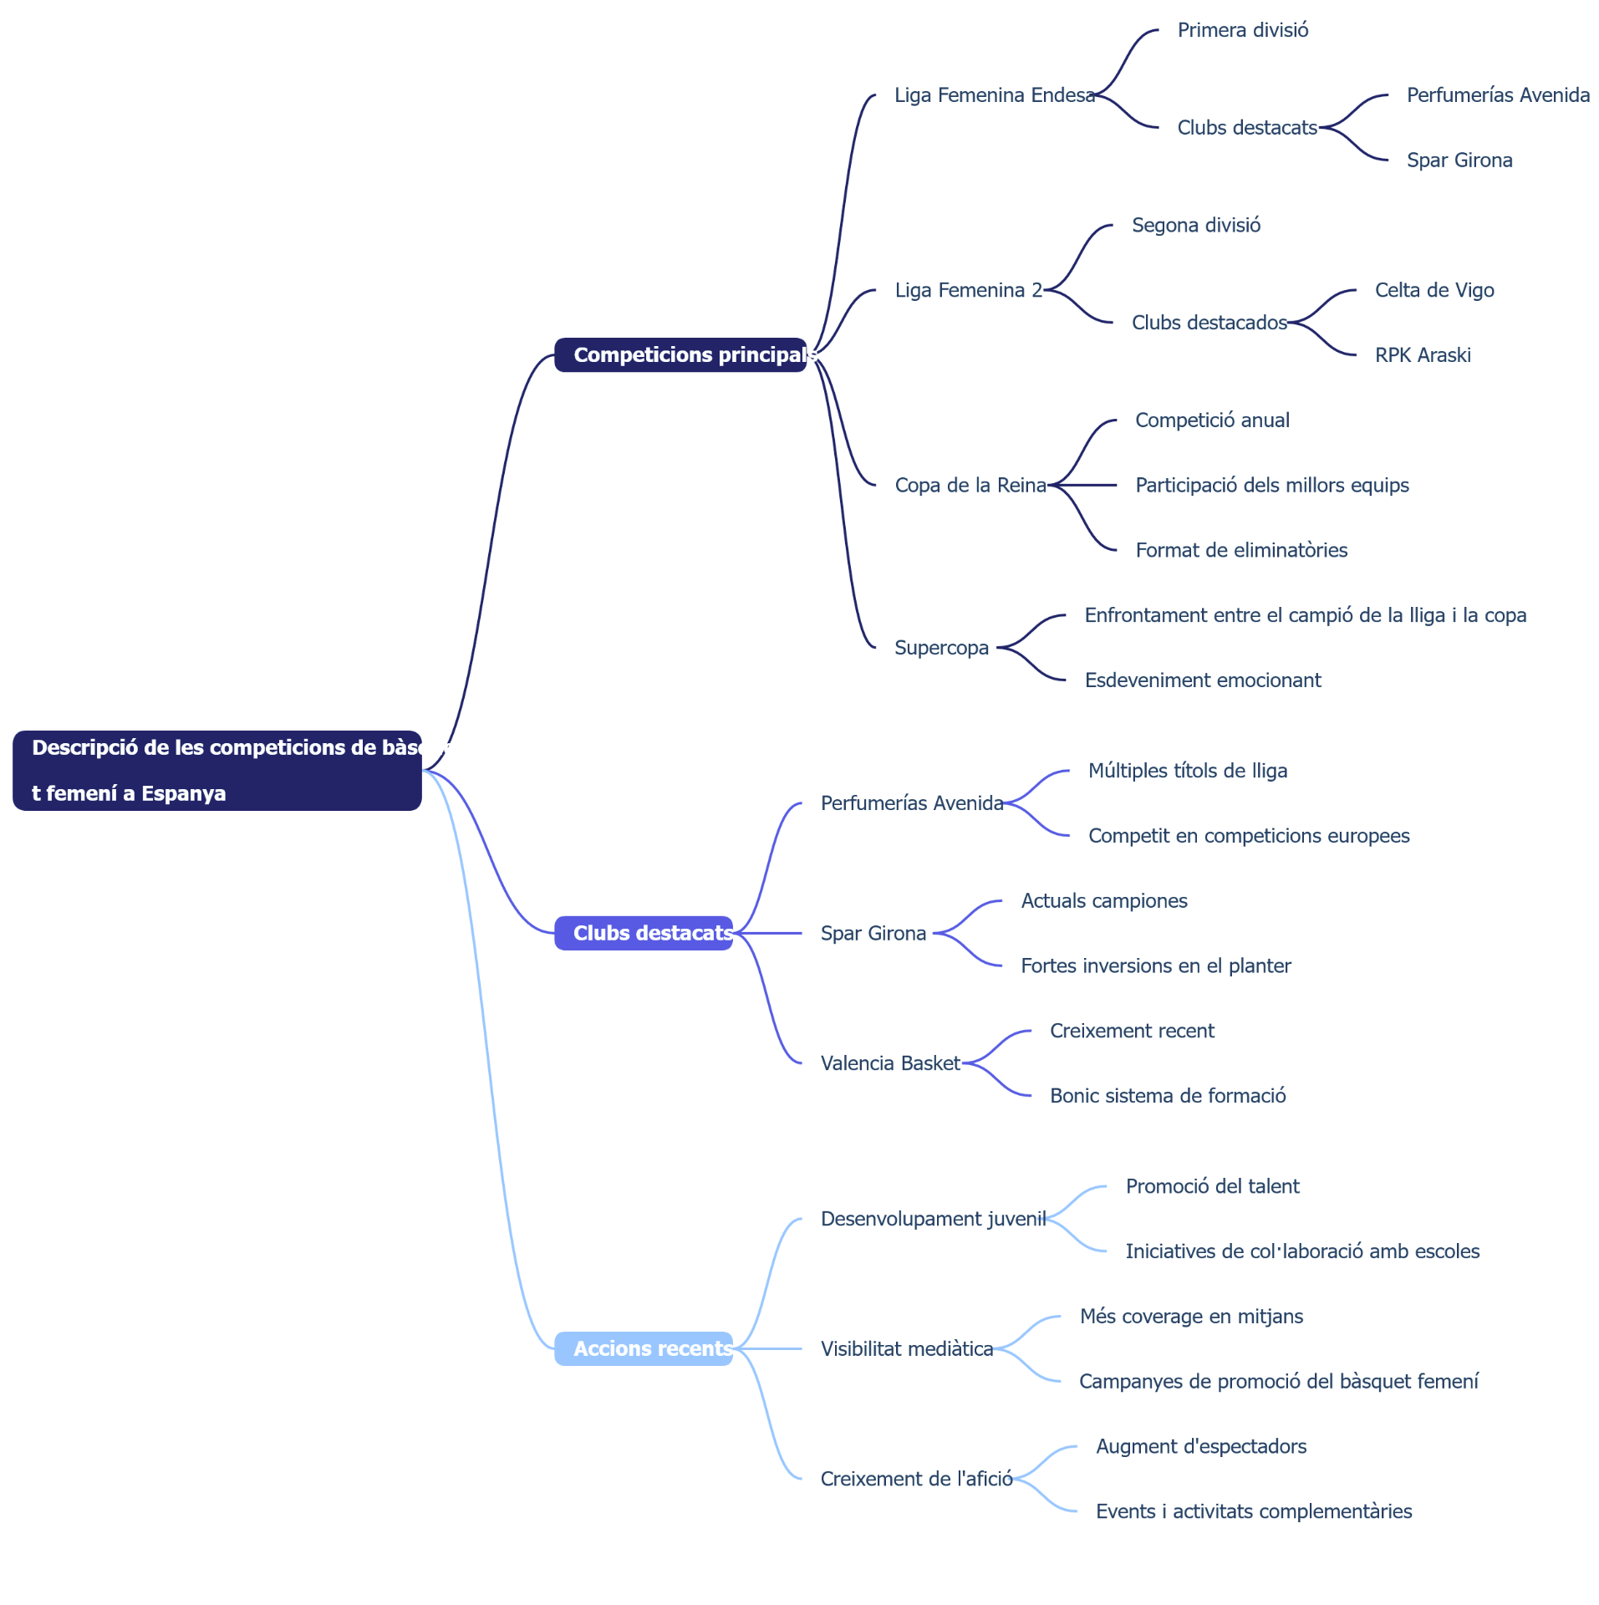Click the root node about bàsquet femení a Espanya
[217, 770]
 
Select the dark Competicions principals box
[680, 354]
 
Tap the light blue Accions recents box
[644, 1348]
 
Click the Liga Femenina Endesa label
[995, 95]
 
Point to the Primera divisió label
[1243, 30]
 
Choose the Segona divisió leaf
[1196, 225]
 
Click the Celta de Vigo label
[1434, 290]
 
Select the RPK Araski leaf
[1423, 355]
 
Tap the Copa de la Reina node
[970, 485]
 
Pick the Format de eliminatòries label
[1241, 550]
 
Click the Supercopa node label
[941, 648]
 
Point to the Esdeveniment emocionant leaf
[1203, 680]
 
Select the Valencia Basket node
[890, 1063]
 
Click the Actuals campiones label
[1104, 901]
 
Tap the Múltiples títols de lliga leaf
[1188, 771]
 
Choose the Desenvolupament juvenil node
[933, 1219]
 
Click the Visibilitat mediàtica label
[907, 1349]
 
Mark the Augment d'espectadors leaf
[1201, 1446]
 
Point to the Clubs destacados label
[1209, 323]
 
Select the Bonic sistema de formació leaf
[1168, 1096]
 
